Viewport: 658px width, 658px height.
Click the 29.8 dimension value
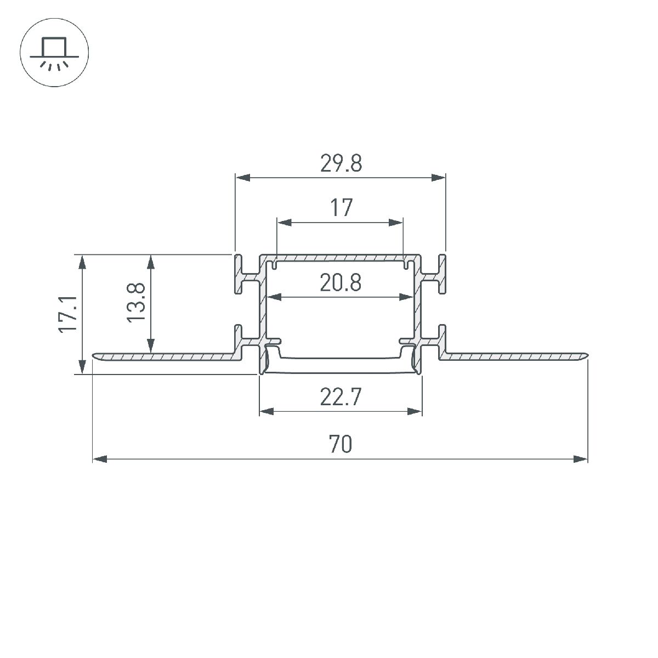pos(341,163)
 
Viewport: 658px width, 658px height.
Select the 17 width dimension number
pos(341,208)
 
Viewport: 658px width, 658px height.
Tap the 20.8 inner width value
pos(341,283)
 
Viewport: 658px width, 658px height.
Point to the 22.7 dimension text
pos(341,396)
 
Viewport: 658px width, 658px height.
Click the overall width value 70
pos(341,444)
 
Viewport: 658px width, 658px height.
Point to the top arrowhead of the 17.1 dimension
pos(82,262)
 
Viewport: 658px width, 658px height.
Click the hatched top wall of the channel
pos(341,257)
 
